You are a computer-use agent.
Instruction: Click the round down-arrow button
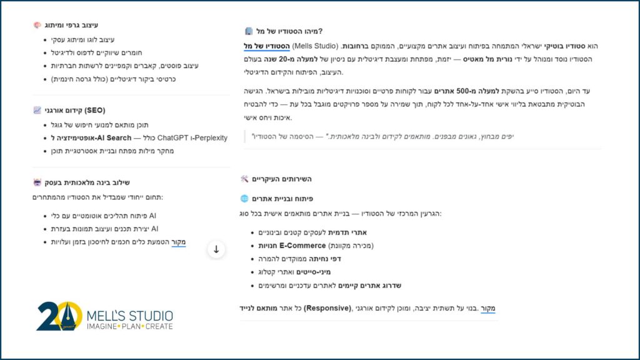point(216,249)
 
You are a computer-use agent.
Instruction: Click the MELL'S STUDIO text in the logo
point(129,316)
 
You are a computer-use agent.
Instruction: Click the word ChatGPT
point(174,137)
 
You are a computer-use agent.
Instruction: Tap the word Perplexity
point(206,137)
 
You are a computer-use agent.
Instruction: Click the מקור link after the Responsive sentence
point(488,308)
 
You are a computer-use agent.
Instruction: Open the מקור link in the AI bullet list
point(179,242)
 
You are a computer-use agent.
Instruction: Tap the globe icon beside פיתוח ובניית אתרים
point(244,199)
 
